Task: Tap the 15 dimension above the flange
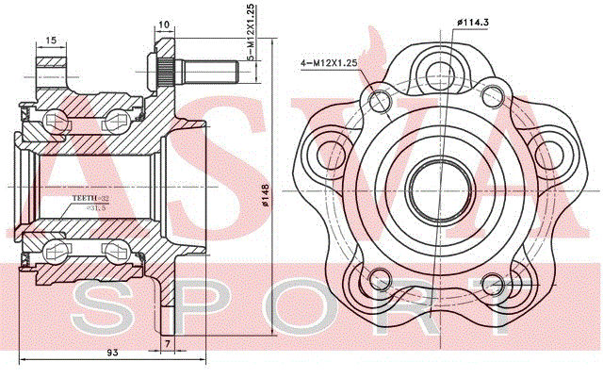[51, 40]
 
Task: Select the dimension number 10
[165, 25]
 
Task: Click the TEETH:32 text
[91, 198]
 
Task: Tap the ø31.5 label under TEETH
[93, 207]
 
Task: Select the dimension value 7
[165, 341]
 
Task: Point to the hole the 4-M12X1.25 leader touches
[381, 98]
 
